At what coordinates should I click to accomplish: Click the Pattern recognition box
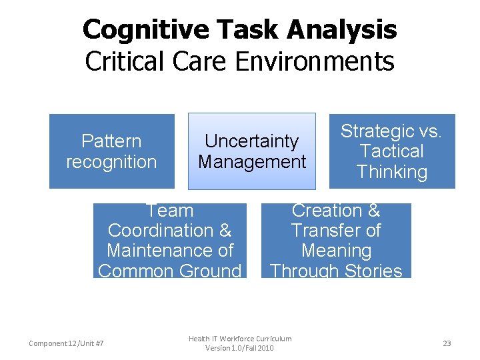[111, 151]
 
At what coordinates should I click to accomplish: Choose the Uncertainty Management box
[251, 151]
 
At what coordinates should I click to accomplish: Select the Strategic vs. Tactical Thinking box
[391, 151]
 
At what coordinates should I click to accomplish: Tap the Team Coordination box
[169, 241]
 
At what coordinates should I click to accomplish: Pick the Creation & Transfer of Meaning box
[336, 241]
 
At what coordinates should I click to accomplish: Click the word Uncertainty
[251, 141]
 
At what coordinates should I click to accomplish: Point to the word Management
[252, 162]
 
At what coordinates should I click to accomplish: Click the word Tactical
[391, 151]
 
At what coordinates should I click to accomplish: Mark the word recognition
[111, 162]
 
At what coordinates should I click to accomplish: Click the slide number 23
[447, 343]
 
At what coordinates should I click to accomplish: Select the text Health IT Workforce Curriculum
[240, 339]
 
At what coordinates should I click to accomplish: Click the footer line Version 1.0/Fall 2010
[240, 348]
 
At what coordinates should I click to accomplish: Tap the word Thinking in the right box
[391, 172]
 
